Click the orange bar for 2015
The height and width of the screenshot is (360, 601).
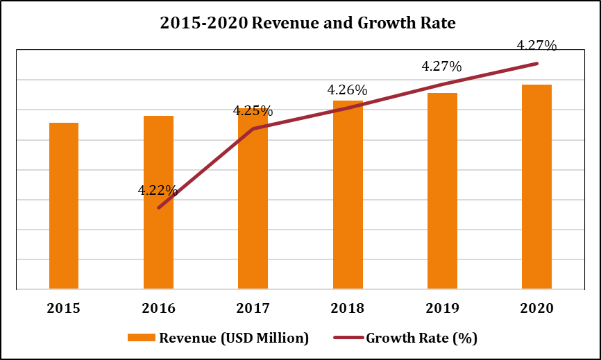click(x=64, y=205)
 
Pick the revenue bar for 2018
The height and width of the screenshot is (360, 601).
click(x=348, y=194)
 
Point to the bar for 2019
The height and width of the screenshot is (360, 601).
click(x=442, y=191)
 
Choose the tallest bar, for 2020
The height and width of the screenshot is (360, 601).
click(x=536, y=187)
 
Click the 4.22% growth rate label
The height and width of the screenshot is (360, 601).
click(x=158, y=190)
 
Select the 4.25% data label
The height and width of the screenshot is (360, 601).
click(x=253, y=111)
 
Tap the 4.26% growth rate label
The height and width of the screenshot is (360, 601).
click(x=347, y=90)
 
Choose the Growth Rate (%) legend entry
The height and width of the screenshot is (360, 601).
click(x=405, y=338)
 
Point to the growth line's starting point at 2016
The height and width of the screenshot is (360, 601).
click(x=158, y=208)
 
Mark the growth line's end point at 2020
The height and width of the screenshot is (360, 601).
click(x=536, y=63)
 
